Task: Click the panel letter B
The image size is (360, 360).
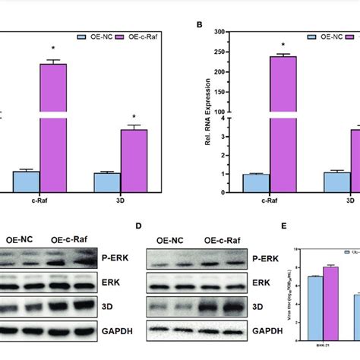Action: (200, 24)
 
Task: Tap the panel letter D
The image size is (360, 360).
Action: (138, 226)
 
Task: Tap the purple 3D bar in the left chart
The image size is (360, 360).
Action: (134, 160)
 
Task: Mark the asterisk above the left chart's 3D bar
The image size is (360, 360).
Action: (134, 118)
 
